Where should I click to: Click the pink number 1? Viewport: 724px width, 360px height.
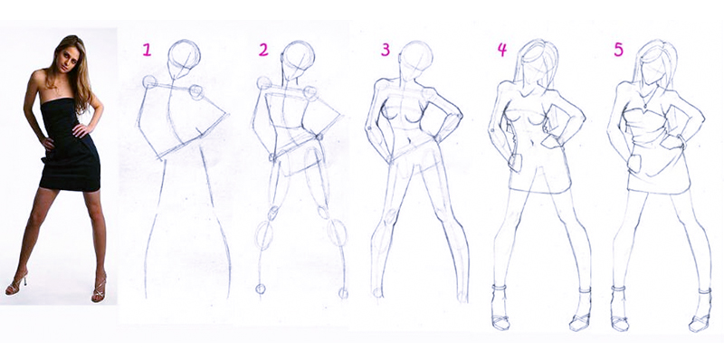click(147, 50)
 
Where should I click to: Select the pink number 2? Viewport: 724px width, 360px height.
click(263, 50)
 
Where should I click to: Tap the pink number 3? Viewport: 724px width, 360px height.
click(386, 50)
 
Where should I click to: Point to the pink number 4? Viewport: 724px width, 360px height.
click(502, 50)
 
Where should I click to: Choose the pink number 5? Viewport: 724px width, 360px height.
click(618, 50)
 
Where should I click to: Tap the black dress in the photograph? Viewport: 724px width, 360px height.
click(70, 147)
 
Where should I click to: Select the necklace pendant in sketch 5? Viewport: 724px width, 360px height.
click(644, 106)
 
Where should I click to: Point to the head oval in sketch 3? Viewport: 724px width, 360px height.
click(416, 59)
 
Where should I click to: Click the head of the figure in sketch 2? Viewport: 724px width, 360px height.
click(299, 59)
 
